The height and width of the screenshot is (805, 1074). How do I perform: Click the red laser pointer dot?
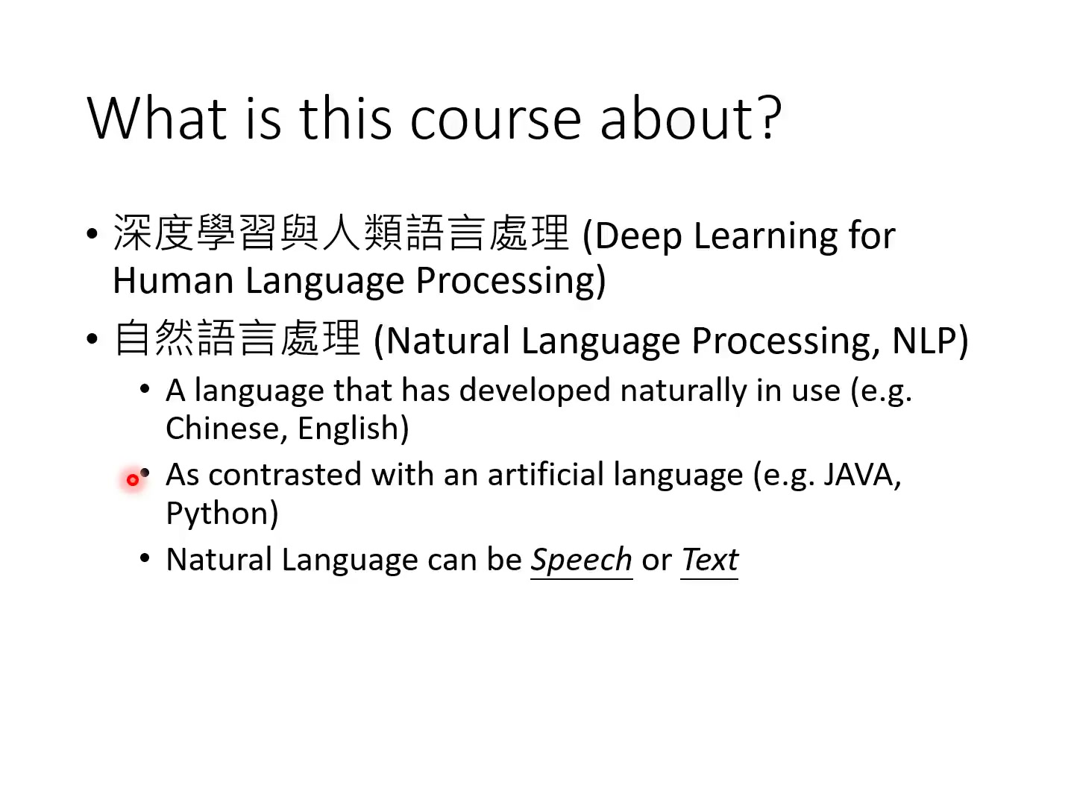(x=133, y=480)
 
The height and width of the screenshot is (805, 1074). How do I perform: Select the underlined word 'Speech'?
(x=581, y=560)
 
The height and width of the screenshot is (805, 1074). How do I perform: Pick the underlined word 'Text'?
(x=709, y=560)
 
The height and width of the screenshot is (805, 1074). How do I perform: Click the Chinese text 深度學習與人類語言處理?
(x=341, y=233)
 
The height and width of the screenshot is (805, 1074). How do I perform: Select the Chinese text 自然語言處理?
(x=237, y=338)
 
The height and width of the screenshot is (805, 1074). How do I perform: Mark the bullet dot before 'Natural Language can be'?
(x=145, y=558)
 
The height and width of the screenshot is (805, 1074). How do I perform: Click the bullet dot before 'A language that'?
(x=145, y=389)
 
